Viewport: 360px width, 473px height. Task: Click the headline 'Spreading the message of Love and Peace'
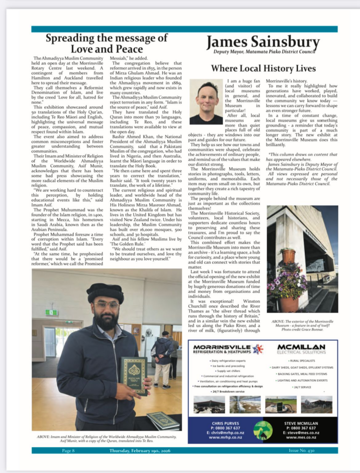pyautogui.click(x=106, y=43)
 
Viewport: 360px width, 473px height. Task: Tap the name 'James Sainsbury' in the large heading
pyautogui.click(x=262, y=42)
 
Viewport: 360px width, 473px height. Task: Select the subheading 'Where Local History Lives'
pyautogui.click(x=263, y=68)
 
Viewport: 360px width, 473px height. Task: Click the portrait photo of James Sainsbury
pyautogui.click(x=206, y=102)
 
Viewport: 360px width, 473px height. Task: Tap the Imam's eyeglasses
pyautogui.click(x=106, y=305)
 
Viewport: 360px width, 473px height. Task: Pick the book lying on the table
pyautogui.click(x=163, y=421)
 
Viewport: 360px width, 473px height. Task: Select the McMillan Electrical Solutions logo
pyautogui.click(x=301, y=349)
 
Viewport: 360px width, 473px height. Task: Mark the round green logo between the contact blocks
pyautogui.click(x=263, y=430)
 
